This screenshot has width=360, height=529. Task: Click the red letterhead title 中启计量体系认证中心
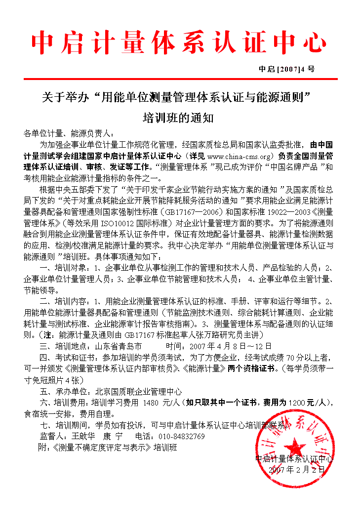tap(179, 43)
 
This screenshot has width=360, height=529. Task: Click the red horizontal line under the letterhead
tap(180, 79)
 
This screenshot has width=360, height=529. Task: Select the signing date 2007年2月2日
tap(297, 470)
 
